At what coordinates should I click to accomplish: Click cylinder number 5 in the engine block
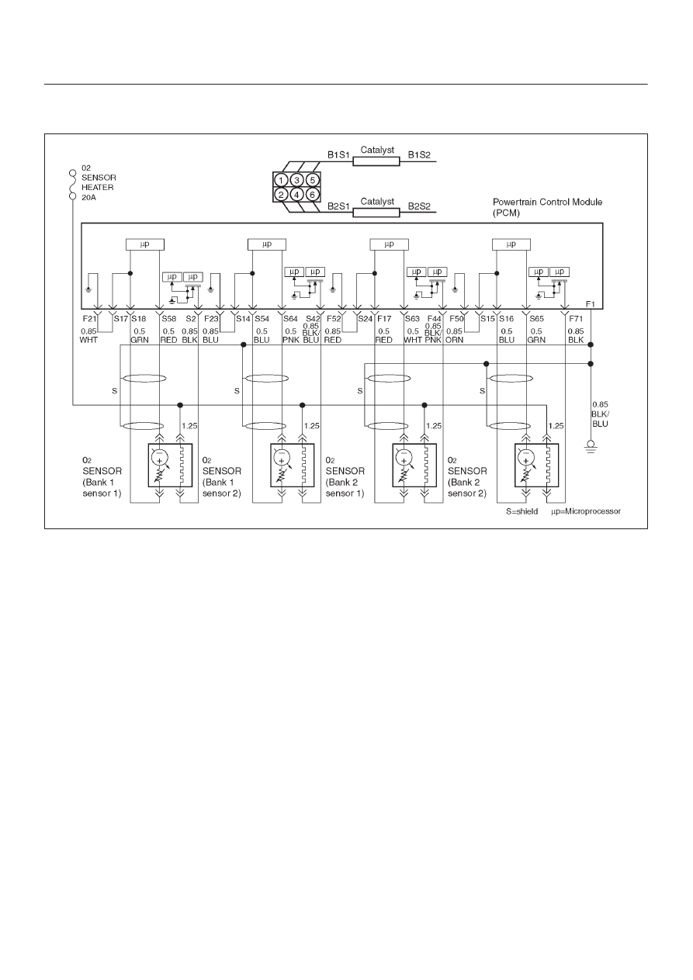click(312, 180)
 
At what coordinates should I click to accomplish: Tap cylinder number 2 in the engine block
click(281, 194)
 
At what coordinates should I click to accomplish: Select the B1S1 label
click(338, 155)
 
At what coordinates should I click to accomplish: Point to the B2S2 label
click(419, 206)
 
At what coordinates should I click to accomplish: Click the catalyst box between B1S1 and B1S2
click(376, 161)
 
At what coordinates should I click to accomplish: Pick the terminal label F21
click(89, 318)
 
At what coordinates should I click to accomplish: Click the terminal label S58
click(169, 318)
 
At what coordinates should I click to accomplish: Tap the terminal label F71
click(576, 318)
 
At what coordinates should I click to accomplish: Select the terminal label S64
click(290, 318)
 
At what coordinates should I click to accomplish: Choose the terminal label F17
click(384, 318)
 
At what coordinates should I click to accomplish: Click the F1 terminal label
click(591, 304)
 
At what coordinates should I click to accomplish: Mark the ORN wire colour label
click(454, 340)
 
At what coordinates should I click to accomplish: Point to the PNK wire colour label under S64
click(291, 340)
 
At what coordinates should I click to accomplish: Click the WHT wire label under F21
click(88, 340)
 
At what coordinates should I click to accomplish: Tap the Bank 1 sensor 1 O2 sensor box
click(170, 465)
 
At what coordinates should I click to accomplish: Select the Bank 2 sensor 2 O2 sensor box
click(537, 465)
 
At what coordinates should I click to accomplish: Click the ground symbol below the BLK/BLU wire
click(591, 447)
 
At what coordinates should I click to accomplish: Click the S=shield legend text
click(522, 511)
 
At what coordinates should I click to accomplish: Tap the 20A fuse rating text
click(88, 197)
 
